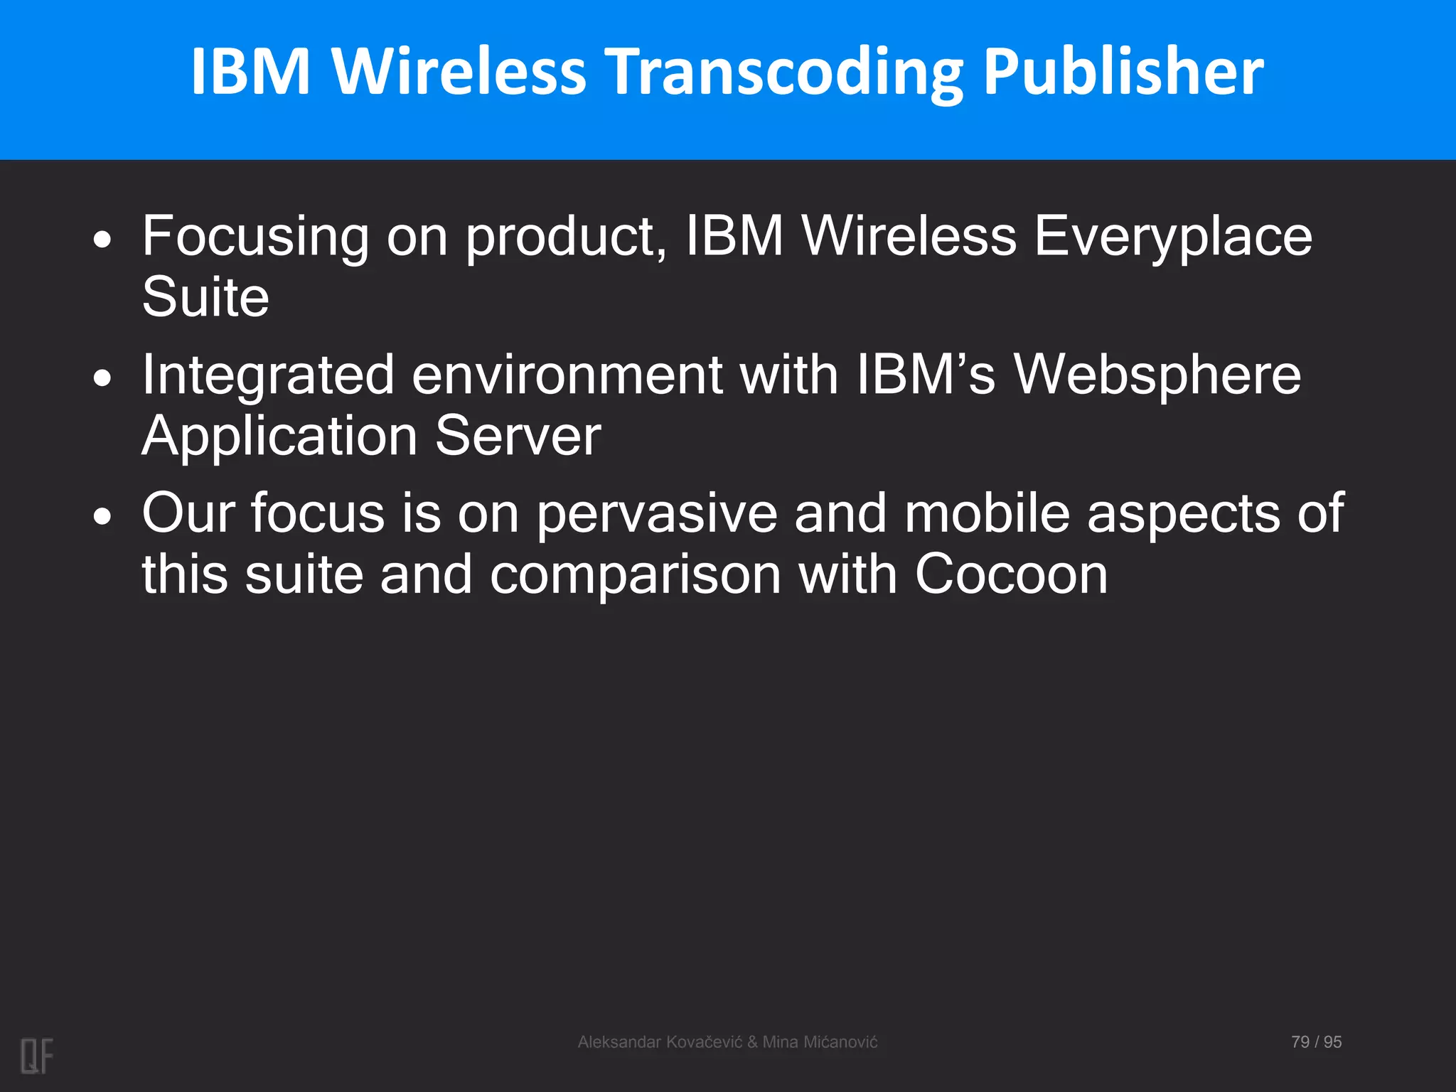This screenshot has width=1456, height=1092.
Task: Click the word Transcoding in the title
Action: click(786, 73)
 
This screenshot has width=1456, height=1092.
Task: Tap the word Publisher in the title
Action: click(1123, 73)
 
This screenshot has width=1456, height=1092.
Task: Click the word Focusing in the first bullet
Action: click(255, 237)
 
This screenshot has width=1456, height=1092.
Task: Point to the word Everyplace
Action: click(1172, 237)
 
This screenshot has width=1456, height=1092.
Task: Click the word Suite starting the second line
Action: click(205, 296)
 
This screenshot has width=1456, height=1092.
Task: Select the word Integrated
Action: click(268, 375)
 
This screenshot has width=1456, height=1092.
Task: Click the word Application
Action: click(279, 436)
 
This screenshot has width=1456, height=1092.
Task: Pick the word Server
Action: click(518, 436)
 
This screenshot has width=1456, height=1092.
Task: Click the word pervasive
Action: click(656, 514)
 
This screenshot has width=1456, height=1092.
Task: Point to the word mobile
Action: click(987, 513)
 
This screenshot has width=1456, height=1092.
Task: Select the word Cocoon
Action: click(1011, 574)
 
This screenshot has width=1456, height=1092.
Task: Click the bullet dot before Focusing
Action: click(103, 240)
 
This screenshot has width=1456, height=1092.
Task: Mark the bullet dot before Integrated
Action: click(103, 378)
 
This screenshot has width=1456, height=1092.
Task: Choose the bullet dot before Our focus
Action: click(103, 517)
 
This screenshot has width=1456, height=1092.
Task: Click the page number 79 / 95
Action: click(1316, 1042)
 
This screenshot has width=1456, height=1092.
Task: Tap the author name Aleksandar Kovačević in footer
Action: click(660, 1042)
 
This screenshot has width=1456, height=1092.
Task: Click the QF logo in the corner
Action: click(37, 1056)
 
